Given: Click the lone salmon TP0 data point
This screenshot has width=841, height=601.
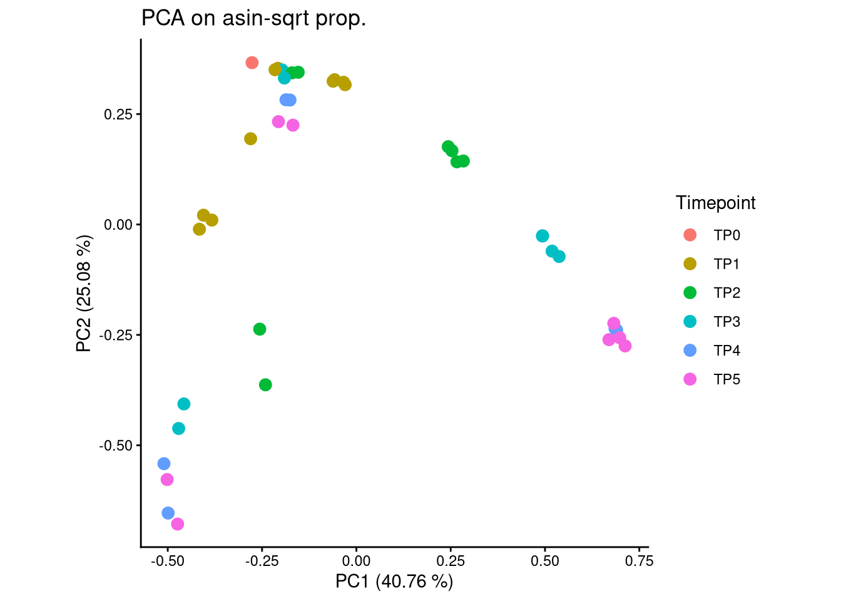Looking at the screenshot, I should click(252, 63).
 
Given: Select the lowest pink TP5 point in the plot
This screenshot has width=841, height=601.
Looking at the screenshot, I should click(178, 524).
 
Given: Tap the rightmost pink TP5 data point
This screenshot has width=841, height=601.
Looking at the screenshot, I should click(624, 346).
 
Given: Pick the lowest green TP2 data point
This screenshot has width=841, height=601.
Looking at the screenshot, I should click(265, 384).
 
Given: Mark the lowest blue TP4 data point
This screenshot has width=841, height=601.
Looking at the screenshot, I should click(168, 513).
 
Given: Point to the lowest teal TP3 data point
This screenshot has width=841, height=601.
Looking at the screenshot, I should click(179, 429).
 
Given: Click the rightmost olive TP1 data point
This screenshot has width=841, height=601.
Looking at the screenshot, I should click(345, 85).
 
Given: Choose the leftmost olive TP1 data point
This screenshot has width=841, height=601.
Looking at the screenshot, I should click(200, 229).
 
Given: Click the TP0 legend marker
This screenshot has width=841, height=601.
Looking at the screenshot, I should click(690, 235).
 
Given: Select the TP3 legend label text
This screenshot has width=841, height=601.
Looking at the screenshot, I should click(726, 322).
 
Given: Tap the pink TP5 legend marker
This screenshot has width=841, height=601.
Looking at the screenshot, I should click(690, 379).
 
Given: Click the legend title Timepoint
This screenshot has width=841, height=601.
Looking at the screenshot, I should click(715, 203).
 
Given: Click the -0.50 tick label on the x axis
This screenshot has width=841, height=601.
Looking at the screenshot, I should click(167, 561).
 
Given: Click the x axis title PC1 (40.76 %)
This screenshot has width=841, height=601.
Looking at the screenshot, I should click(394, 582).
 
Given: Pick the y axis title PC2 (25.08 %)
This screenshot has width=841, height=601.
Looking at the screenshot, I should click(84, 293).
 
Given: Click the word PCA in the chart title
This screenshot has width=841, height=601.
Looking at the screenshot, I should click(163, 19).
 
